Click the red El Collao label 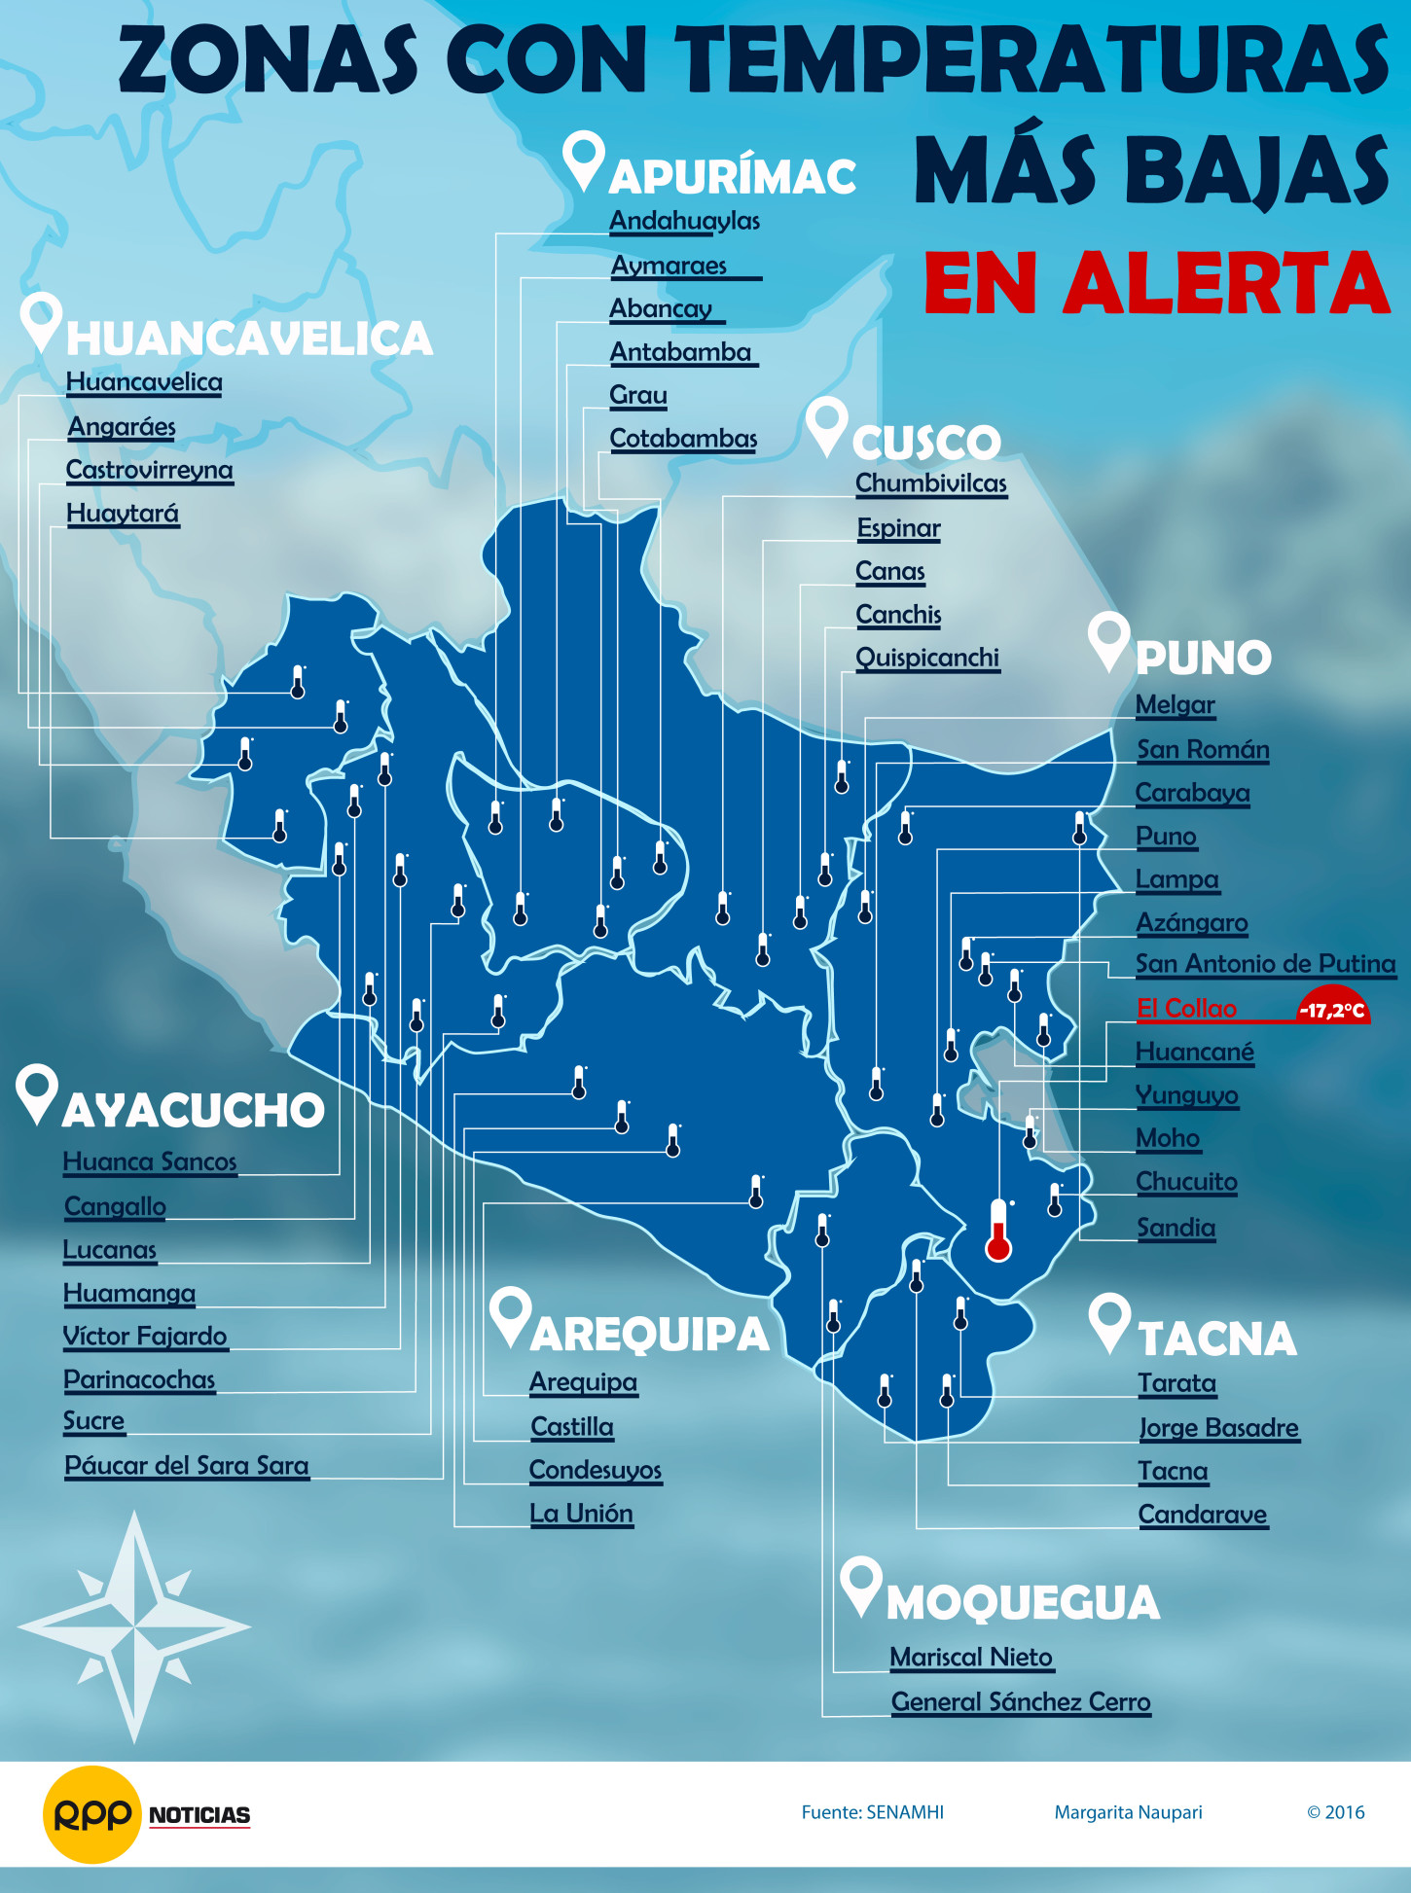[x=1186, y=1008]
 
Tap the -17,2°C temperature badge [x=1332, y=1009]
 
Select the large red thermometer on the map [x=998, y=1231]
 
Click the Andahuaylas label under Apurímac [x=684, y=221]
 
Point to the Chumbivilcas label [x=930, y=483]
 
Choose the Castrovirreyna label [x=149, y=470]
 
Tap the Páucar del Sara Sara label [x=186, y=1465]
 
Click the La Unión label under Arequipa [x=581, y=1514]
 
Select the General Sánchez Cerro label [x=1021, y=1701]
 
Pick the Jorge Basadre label [x=1218, y=1427]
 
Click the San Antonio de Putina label [x=1265, y=964]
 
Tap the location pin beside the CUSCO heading [x=827, y=426]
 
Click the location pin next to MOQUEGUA [x=861, y=1585]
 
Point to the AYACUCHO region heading [x=193, y=1110]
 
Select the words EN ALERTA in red [x=1156, y=282]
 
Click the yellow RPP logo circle [x=91, y=1814]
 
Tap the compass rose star [x=134, y=1625]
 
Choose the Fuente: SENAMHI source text [x=872, y=1812]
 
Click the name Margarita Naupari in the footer [x=1128, y=1812]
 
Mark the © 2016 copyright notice [x=1335, y=1812]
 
